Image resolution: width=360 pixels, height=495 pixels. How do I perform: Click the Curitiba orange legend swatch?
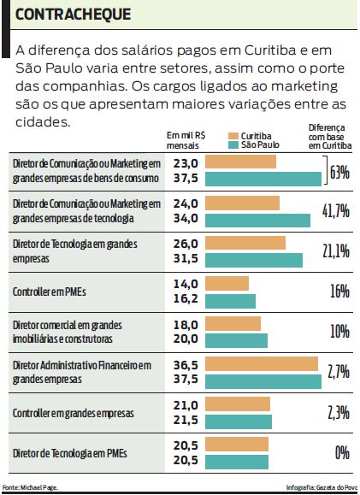233,136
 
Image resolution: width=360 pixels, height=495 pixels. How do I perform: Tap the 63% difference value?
340,172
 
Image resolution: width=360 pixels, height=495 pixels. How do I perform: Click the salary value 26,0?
186,244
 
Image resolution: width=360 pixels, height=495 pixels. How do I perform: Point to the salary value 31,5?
186,259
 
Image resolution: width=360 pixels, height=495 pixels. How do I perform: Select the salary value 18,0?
186,324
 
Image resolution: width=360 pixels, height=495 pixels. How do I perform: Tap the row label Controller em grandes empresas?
74,412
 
